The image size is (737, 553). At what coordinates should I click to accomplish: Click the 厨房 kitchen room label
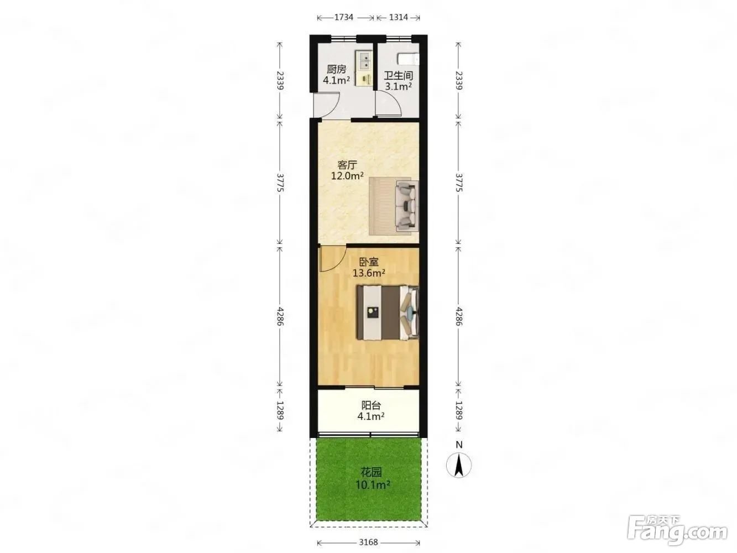336,70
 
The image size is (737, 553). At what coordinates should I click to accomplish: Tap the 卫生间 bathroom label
398,76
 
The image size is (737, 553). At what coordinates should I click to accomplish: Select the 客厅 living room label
347,165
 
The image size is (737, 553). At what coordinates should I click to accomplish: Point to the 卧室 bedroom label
369,262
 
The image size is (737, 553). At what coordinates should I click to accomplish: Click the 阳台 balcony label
371,405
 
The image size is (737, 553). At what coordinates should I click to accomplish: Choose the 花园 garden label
371,472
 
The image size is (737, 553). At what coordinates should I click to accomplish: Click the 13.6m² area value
369,273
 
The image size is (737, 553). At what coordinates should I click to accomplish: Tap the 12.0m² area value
347,176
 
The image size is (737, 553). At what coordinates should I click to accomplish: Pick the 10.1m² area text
373,484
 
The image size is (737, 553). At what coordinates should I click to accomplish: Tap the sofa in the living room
406,206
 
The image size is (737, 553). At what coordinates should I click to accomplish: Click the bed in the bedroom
388,312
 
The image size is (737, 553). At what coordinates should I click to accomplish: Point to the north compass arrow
459,465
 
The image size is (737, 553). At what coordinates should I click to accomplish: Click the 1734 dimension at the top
343,17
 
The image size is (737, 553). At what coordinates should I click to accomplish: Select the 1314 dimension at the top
399,17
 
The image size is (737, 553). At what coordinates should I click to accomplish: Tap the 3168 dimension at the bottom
368,542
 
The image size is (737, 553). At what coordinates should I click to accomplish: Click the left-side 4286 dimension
280,316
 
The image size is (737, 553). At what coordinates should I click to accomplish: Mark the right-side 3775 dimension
459,182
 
